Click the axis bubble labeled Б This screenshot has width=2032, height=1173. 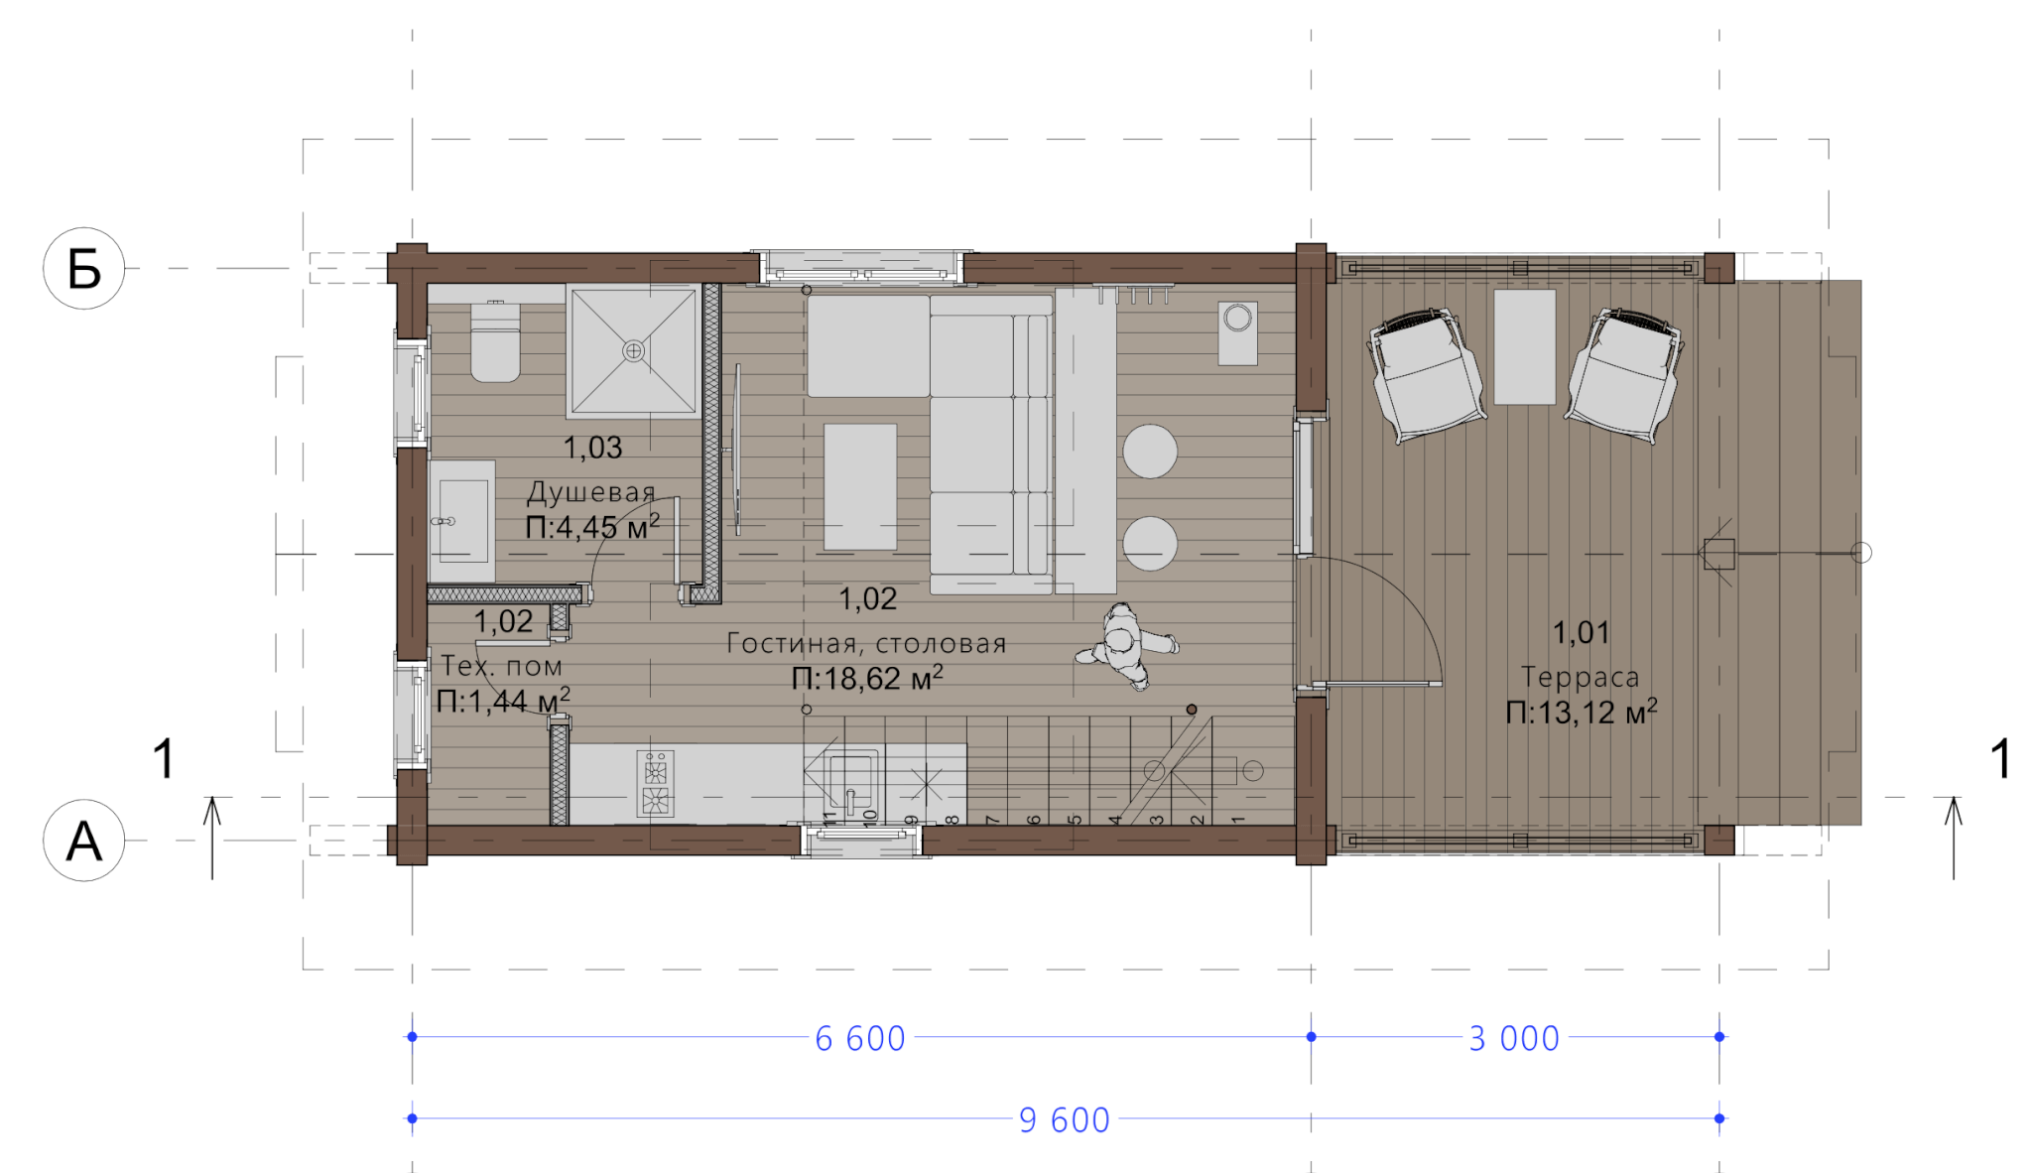tap(83, 268)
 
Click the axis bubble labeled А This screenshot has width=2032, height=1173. tap(83, 841)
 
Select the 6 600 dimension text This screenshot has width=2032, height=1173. tap(860, 1038)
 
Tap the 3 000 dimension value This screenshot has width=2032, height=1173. tap(1514, 1038)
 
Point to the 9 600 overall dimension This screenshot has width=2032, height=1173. tap(1065, 1119)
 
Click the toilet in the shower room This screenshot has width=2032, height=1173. tap(495, 341)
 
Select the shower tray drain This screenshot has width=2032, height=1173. tap(633, 350)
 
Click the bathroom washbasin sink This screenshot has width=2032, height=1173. tap(462, 521)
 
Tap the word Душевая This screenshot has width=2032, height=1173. tap(590, 492)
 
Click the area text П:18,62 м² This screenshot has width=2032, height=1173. tap(867, 678)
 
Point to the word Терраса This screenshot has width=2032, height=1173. tap(1581, 677)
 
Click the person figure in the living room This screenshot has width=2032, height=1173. tap(1126, 646)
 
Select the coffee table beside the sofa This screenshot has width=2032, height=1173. tap(860, 486)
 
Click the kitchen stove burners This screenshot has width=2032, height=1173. tap(655, 784)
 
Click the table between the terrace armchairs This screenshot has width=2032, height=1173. tap(1525, 346)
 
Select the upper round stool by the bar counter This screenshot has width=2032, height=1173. tap(1150, 452)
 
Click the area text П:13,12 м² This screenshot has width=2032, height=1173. tap(1581, 712)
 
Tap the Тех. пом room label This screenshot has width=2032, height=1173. tap(501, 665)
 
